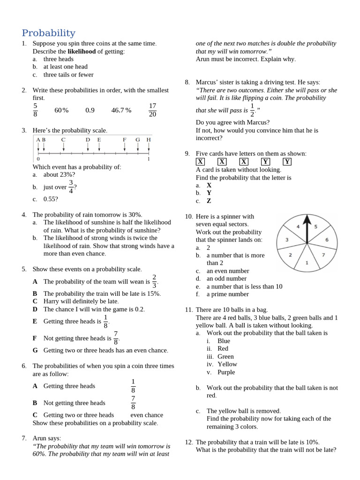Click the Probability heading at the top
[x=48, y=33]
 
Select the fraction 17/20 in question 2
[x=152, y=110]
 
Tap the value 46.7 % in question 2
[x=121, y=110]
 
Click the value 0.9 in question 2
[x=90, y=110]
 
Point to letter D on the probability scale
[x=88, y=140]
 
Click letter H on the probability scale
[x=149, y=140]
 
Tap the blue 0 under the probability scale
[x=38, y=159]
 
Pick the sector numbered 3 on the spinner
[x=287, y=240]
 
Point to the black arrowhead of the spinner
[x=307, y=220]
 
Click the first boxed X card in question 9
[x=200, y=161]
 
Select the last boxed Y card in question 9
[x=287, y=161]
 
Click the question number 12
[x=188, y=442]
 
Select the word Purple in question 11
[x=226, y=372]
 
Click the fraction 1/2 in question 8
[x=252, y=110]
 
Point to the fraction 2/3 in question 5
[x=154, y=281]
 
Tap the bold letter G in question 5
[x=35, y=350]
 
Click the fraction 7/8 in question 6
[x=133, y=403]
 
